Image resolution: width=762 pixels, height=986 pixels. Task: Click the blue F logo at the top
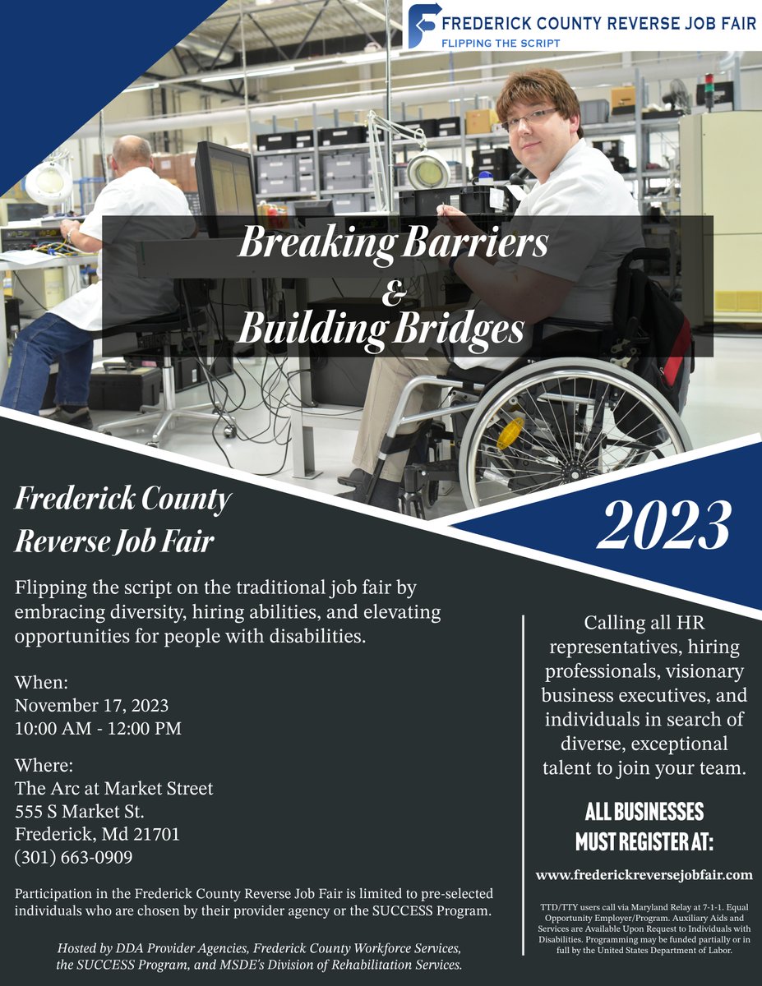point(424,25)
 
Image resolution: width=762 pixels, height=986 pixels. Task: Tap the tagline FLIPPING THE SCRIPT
point(501,43)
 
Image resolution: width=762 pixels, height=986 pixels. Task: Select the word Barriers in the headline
point(478,244)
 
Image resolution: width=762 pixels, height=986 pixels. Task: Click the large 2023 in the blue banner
point(663,526)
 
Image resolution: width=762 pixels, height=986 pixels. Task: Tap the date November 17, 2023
point(91,706)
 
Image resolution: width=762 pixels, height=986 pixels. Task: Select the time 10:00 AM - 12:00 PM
point(98,729)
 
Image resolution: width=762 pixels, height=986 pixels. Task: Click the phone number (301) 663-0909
point(74,857)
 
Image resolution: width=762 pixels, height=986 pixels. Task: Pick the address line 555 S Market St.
point(80,811)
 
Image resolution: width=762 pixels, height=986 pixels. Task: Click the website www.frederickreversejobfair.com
point(644,874)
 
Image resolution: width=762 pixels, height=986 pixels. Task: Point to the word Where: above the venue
point(44,765)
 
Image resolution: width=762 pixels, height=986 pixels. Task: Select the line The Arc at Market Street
point(113,788)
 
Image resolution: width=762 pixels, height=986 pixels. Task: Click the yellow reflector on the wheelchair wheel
point(510,432)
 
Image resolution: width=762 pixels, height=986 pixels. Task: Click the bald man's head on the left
point(132,152)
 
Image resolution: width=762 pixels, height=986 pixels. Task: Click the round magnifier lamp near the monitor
point(428,171)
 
